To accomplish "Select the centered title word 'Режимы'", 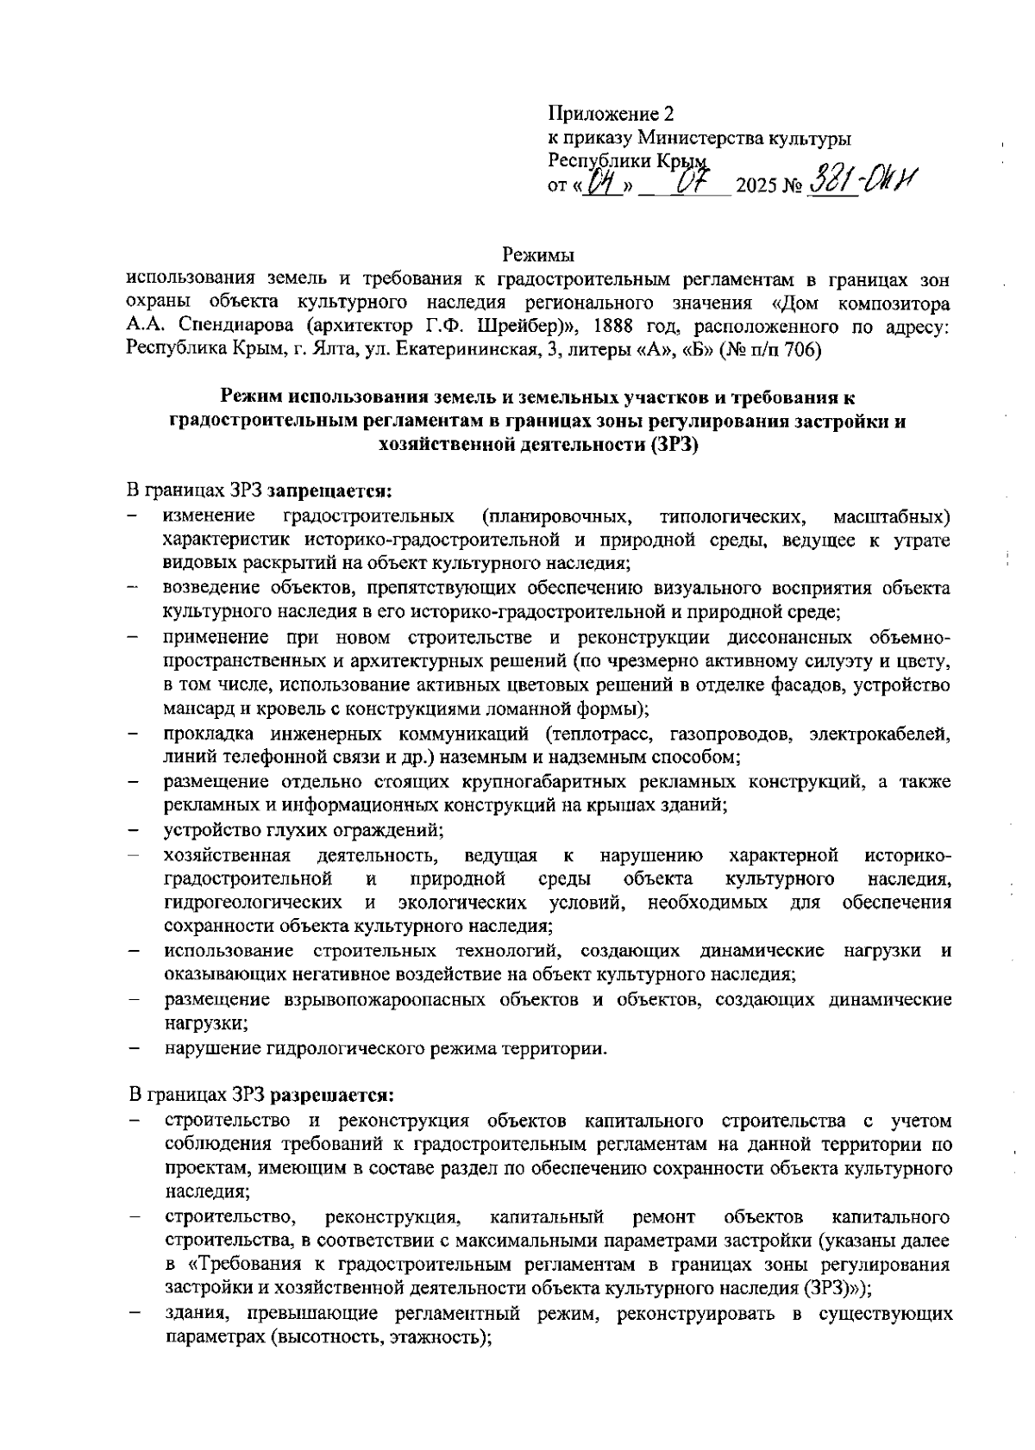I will (538, 255).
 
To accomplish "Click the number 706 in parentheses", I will (800, 350).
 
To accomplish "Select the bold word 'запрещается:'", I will (329, 492).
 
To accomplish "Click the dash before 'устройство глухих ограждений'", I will (135, 831).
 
